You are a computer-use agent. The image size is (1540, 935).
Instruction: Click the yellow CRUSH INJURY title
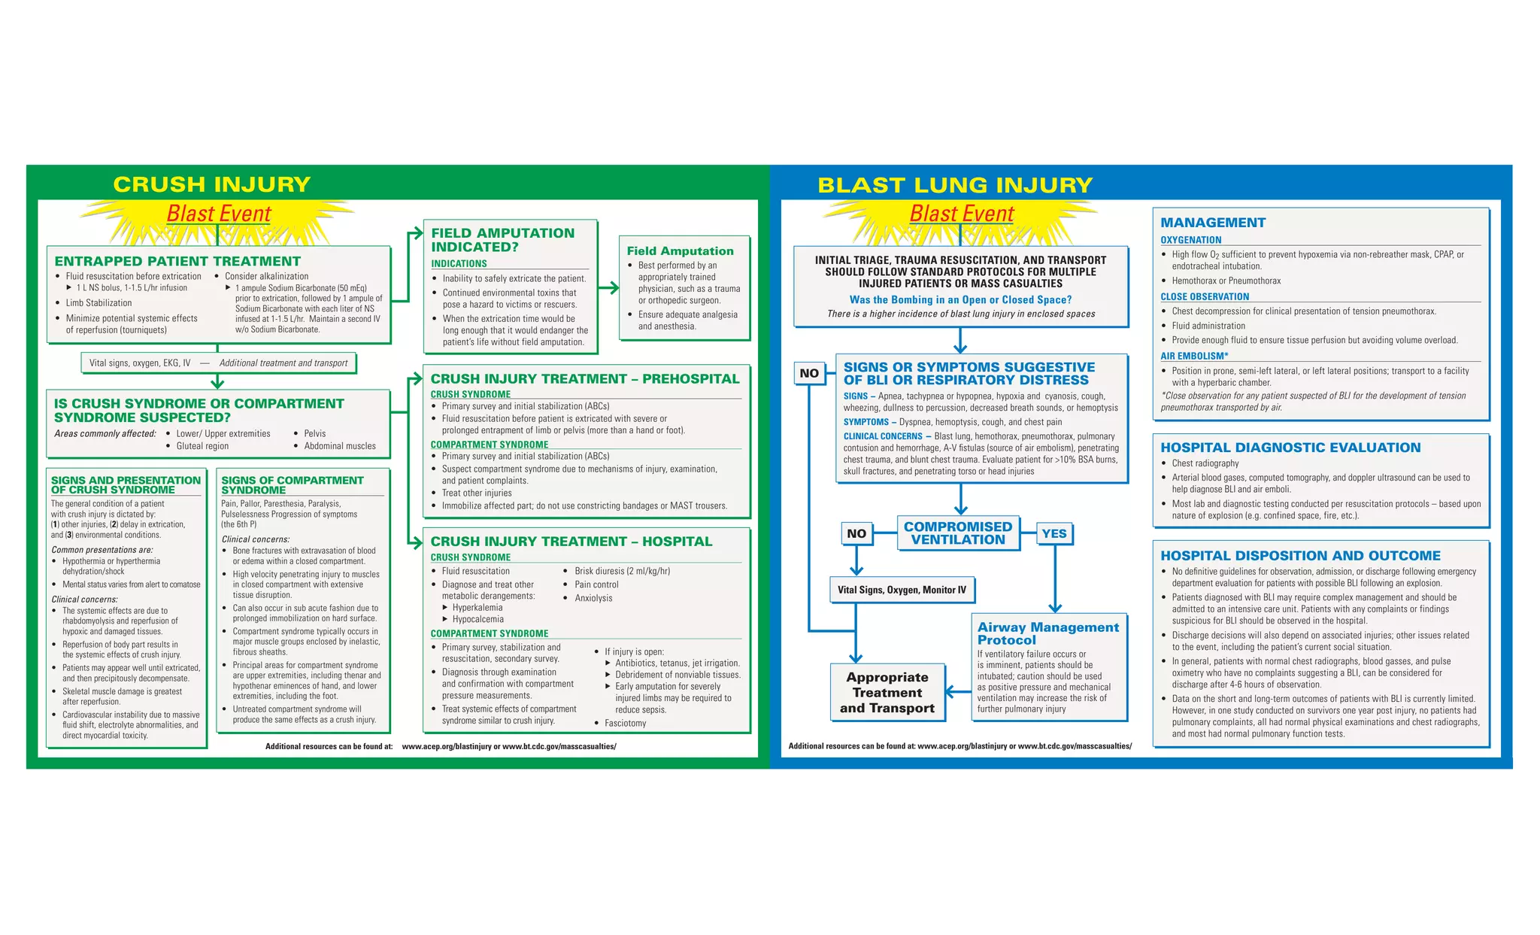211,184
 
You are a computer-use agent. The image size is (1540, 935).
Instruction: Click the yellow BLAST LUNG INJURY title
955,185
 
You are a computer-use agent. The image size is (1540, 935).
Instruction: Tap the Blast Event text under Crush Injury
218,214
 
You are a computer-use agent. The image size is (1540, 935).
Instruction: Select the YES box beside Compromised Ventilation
1054,533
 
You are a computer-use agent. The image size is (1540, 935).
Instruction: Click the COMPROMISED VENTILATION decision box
958,533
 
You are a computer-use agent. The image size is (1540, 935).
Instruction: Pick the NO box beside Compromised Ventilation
856,533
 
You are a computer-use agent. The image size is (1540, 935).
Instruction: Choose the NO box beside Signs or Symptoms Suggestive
809,373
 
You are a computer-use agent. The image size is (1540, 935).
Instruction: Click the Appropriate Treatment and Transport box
887,693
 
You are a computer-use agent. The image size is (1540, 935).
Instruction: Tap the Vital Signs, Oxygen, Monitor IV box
902,590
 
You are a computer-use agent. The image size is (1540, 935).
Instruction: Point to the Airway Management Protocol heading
1047,633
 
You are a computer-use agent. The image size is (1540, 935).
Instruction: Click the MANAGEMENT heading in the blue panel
1212,223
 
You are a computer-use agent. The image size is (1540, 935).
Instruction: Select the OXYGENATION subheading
1190,240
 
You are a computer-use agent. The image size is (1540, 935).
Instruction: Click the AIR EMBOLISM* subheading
1194,356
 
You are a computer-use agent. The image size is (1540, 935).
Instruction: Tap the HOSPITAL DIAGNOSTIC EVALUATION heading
1290,448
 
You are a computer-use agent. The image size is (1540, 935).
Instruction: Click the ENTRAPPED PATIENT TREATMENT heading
177,261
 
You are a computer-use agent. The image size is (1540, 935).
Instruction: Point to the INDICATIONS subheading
459,264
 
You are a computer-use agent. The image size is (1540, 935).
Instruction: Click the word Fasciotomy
625,724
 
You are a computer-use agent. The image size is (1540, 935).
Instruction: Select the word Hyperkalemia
477,608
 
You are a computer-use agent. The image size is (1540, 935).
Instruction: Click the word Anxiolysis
593,599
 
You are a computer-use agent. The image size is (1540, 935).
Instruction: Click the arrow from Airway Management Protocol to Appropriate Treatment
957,691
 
